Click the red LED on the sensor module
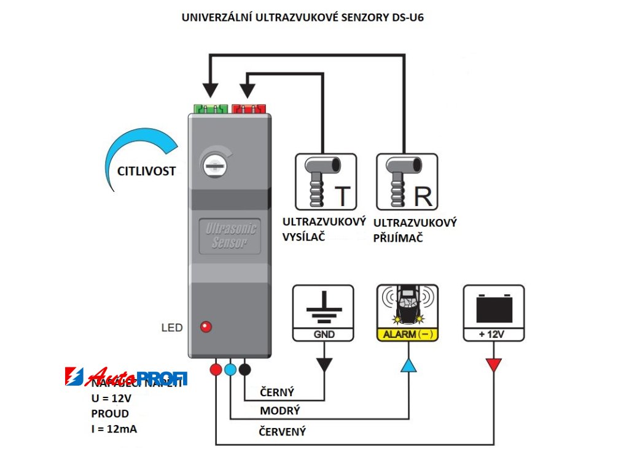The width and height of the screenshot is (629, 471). [x=206, y=327]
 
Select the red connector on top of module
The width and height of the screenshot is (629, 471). [x=248, y=109]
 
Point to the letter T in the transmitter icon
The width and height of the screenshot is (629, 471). [x=343, y=196]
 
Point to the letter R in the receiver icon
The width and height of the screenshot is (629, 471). [x=423, y=196]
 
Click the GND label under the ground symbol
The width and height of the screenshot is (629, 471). [x=323, y=335]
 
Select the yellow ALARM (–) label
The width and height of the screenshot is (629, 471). [x=407, y=335]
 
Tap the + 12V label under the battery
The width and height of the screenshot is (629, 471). [x=493, y=335]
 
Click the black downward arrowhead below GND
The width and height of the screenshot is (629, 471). [x=323, y=365]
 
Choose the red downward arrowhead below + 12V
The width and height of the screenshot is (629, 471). [x=493, y=365]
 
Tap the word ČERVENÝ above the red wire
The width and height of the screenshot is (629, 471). [x=283, y=431]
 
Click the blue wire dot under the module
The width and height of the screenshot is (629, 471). [x=230, y=369]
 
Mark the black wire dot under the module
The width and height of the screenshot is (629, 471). [x=244, y=369]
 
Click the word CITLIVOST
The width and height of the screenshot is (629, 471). [x=146, y=171]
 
